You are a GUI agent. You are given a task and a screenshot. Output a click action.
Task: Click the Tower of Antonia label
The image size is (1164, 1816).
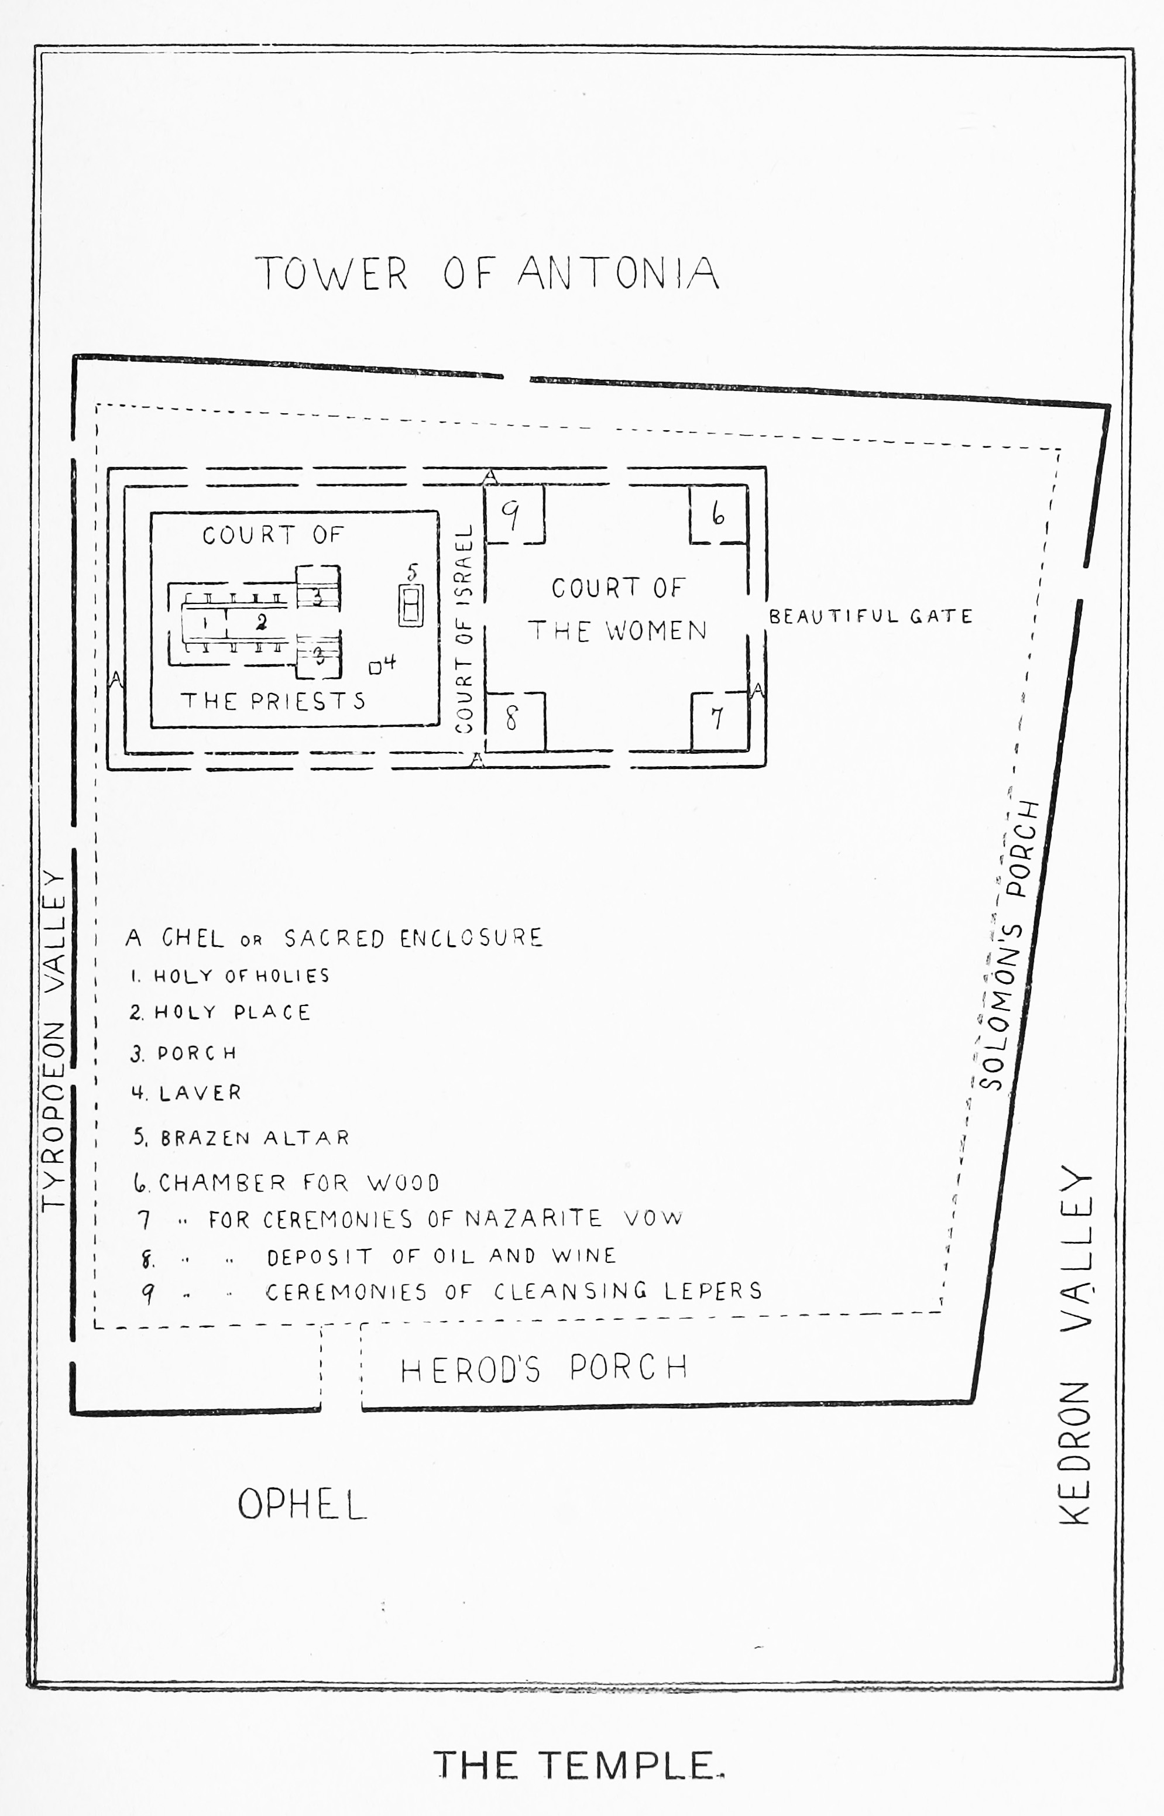click(x=486, y=273)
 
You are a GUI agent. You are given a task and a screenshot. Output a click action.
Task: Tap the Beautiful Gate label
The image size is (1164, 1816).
click(x=870, y=617)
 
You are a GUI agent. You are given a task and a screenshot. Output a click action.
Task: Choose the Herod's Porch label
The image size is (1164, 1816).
click(x=544, y=1368)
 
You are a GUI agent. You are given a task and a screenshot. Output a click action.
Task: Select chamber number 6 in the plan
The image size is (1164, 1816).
click(x=718, y=514)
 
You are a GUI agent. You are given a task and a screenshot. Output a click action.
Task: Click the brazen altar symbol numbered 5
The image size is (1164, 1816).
click(x=410, y=605)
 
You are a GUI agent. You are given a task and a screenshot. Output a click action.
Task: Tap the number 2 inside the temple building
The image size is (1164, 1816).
click(x=262, y=622)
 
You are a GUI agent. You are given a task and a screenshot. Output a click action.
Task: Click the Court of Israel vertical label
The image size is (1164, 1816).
click(x=464, y=629)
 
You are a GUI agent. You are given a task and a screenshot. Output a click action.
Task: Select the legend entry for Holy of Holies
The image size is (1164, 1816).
click(x=231, y=976)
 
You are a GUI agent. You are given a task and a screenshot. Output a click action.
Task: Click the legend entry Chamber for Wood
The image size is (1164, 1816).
click(x=287, y=1183)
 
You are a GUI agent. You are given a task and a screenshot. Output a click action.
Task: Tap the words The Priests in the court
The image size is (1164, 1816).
click(x=273, y=701)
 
